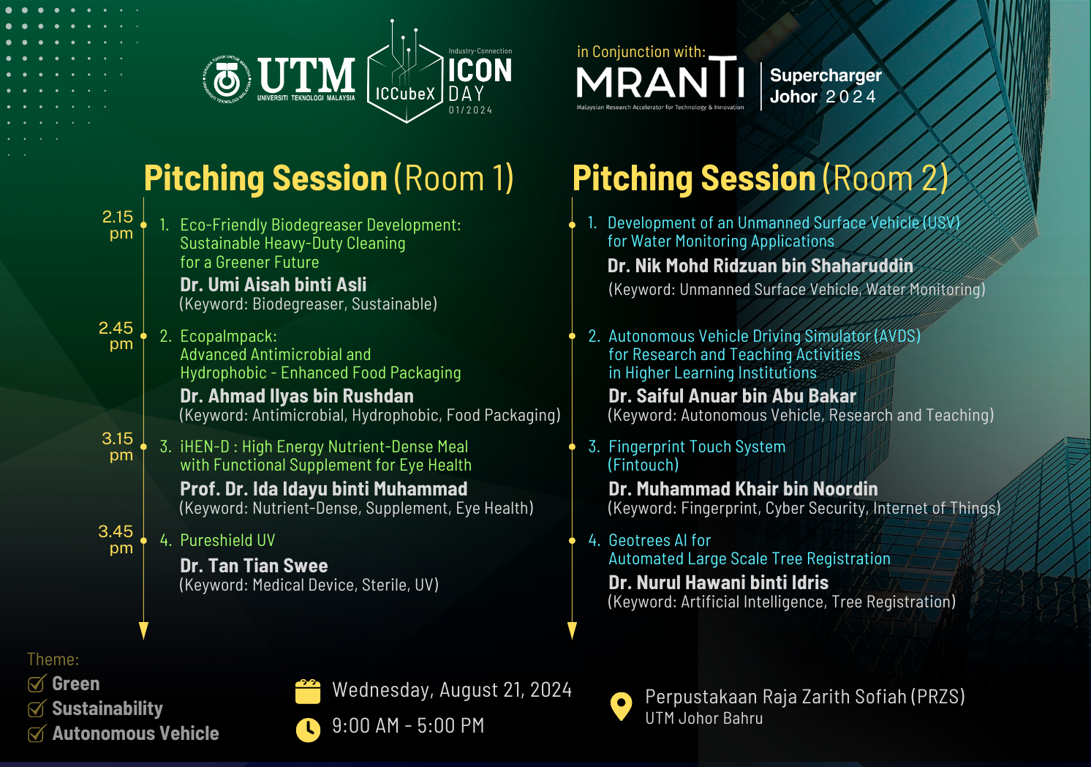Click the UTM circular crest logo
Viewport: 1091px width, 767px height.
pyautogui.click(x=227, y=80)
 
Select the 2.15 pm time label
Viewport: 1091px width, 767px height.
pyautogui.click(x=118, y=225)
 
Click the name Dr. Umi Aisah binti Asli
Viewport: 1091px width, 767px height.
pyautogui.click(x=273, y=284)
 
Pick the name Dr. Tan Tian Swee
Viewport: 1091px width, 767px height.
pyautogui.click(x=254, y=566)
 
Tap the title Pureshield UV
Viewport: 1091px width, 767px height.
pyautogui.click(x=227, y=540)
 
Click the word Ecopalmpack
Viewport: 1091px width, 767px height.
pyautogui.click(x=227, y=337)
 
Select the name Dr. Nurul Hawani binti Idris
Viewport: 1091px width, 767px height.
pyautogui.click(x=718, y=582)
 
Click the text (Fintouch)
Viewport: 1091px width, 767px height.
pyautogui.click(x=643, y=465)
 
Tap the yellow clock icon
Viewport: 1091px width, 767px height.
pyautogui.click(x=308, y=730)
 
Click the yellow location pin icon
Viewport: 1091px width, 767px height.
pyautogui.click(x=621, y=706)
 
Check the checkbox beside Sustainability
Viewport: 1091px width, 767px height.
pyautogui.click(x=37, y=708)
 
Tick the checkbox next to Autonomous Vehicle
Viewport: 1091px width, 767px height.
pyautogui.click(x=37, y=733)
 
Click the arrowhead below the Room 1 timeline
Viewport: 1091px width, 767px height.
pyautogui.click(x=143, y=630)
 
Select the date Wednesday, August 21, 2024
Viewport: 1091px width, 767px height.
pyautogui.click(x=452, y=690)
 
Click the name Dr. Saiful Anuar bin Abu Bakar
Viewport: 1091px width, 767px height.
pyautogui.click(x=732, y=396)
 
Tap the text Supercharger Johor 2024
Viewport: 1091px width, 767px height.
pyautogui.click(x=826, y=86)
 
